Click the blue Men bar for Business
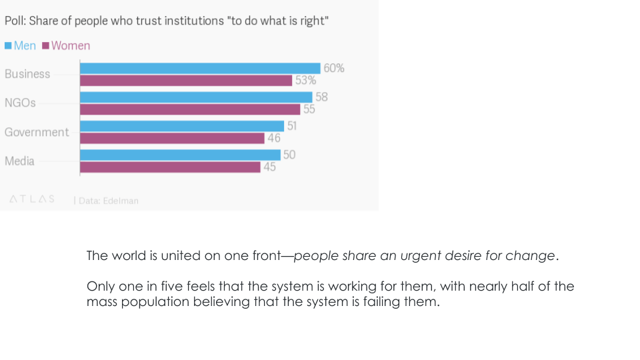pos(200,68)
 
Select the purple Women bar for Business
pos(186,80)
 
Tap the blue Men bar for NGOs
pos(196,97)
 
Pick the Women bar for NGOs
pos(190,109)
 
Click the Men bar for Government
pos(182,126)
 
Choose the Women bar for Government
pos(172,138)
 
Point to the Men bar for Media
pos(180,155)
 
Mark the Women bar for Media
pos(170,167)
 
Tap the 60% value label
pos(333,68)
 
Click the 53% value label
pos(305,81)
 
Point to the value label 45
pos(269,167)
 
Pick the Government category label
pos(37,132)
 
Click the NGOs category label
pos(20,103)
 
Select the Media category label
pos(19,161)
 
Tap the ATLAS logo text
pos(32,199)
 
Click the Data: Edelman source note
pos(108,200)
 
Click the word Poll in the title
pos(15,21)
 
